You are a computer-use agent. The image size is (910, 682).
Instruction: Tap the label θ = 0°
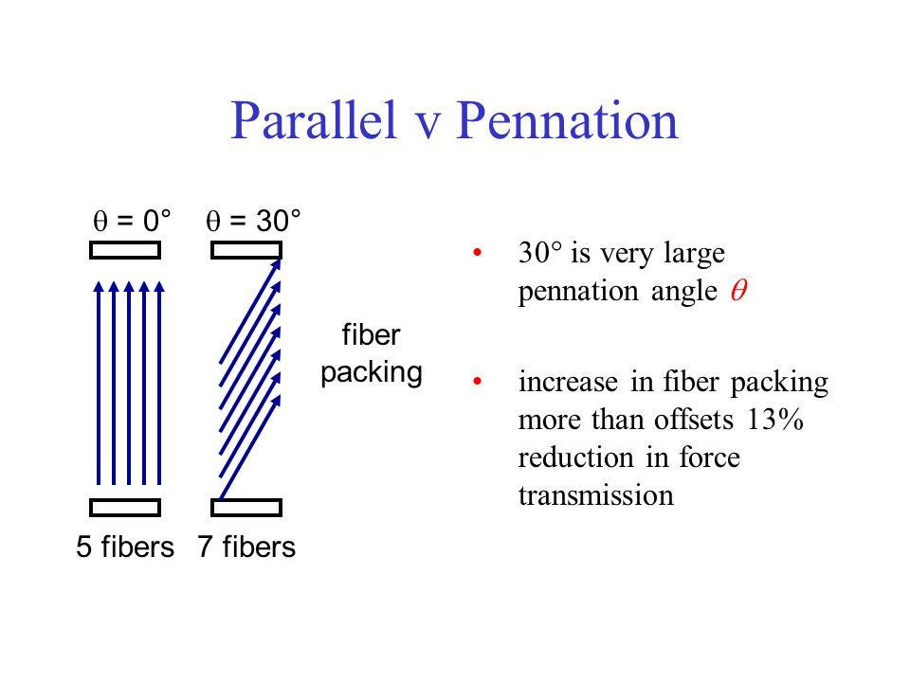132,221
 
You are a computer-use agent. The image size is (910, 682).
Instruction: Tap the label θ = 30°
253,221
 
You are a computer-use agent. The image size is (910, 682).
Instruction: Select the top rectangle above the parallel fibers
125,250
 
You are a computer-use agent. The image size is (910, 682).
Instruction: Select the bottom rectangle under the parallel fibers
125,508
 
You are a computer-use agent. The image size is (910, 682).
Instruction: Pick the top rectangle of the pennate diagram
246,250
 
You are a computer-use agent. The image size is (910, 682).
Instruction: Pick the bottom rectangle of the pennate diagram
246,508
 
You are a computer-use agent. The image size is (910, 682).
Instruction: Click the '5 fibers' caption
125,547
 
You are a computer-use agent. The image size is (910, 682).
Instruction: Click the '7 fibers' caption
246,547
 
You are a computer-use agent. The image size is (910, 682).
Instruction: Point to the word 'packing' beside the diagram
372,373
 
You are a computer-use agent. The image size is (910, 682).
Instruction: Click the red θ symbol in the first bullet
738,290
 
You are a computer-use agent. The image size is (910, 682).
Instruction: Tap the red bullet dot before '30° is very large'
477,252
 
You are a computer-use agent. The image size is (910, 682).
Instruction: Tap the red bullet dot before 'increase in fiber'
477,381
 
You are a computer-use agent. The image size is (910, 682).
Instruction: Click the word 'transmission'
596,495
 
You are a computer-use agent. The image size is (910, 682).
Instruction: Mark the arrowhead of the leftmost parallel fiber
99,286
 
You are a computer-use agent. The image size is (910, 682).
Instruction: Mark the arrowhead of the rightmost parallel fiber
159,286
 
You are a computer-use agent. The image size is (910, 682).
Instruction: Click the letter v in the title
428,127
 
